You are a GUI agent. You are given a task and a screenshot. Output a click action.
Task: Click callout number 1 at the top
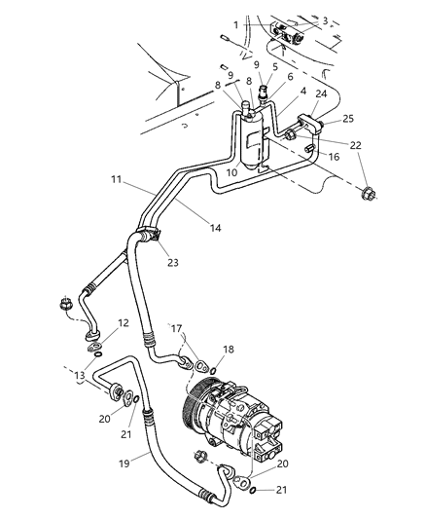click(234, 24)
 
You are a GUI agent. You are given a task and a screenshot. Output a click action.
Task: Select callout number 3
click(325, 19)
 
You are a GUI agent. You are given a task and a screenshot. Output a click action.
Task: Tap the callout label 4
click(302, 92)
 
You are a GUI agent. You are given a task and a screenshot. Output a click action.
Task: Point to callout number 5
click(275, 67)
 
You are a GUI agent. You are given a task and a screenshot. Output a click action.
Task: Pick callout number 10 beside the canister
click(232, 172)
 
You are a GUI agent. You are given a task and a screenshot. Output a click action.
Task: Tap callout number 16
click(333, 155)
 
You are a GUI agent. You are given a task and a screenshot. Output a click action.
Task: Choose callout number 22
click(357, 144)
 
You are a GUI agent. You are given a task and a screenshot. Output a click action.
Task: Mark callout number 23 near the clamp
click(173, 261)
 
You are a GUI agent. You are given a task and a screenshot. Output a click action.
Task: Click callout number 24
click(321, 96)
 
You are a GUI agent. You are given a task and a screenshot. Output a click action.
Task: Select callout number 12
click(122, 322)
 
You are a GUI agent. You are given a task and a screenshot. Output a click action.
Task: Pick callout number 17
click(177, 328)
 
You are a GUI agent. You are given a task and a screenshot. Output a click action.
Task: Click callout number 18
click(230, 349)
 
